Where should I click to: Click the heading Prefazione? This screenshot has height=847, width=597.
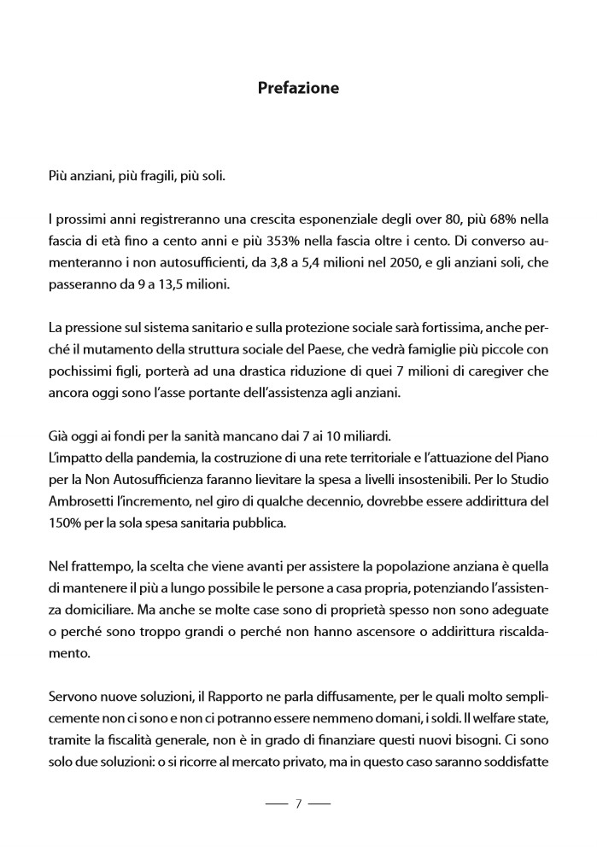[x=298, y=88]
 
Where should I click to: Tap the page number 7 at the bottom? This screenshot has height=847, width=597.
[x=298, y=803]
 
